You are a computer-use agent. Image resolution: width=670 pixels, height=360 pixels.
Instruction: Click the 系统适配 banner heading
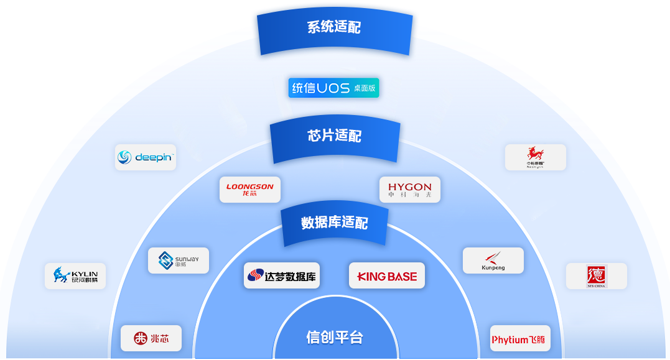point(334,27)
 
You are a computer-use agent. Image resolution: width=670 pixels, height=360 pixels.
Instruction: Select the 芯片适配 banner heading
point(335,136)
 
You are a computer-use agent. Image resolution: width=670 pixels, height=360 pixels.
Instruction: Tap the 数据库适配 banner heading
point(335,223)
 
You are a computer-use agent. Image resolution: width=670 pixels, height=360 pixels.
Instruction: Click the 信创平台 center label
point(335,338)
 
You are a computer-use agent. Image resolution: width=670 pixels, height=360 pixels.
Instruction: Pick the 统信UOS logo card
point(333,88)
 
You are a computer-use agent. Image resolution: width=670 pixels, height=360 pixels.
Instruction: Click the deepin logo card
point(146,157)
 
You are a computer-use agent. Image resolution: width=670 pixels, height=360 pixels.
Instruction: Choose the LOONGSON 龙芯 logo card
point(250,190)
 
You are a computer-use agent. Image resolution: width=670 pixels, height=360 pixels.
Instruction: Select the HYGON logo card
point(409,190)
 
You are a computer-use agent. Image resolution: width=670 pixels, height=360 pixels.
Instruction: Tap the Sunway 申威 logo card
point(179,261)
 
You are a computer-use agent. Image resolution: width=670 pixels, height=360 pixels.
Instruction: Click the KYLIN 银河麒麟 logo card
point(75,275)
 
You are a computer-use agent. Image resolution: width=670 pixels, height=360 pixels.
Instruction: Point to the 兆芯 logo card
point(151,338)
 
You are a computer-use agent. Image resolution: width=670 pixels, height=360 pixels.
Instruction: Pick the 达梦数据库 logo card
point(282,275)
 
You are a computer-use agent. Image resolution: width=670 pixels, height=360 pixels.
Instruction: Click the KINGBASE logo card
point(387,275)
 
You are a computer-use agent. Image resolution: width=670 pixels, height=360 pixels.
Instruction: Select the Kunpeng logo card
point(493,261)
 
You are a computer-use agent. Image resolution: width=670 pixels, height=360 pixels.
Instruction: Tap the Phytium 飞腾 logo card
point(520,339)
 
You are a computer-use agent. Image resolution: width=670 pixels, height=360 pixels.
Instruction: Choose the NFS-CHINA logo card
point(596,275)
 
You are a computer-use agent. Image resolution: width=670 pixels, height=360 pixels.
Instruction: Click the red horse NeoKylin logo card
point(535,157)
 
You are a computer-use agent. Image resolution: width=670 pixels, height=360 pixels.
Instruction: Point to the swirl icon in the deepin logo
point(125,158)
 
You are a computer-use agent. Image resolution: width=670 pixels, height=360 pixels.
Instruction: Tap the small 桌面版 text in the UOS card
point(365,88)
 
